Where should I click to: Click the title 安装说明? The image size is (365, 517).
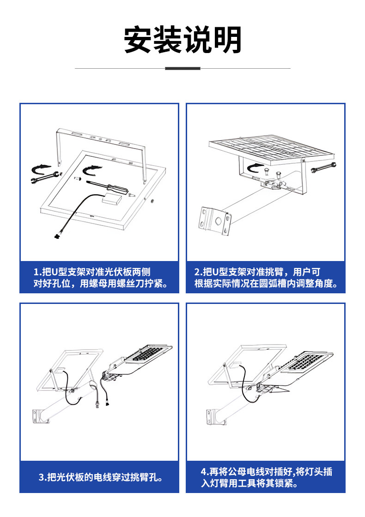tap(182, 40)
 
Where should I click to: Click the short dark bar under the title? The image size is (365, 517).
tap(182, 68)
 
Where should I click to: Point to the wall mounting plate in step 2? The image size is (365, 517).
tap(215, 220)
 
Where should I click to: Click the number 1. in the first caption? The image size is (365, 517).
tap(37, 272)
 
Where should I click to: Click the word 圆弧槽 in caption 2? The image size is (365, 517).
tap(279, 283)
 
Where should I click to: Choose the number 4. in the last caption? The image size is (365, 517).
tap(205, 472)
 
